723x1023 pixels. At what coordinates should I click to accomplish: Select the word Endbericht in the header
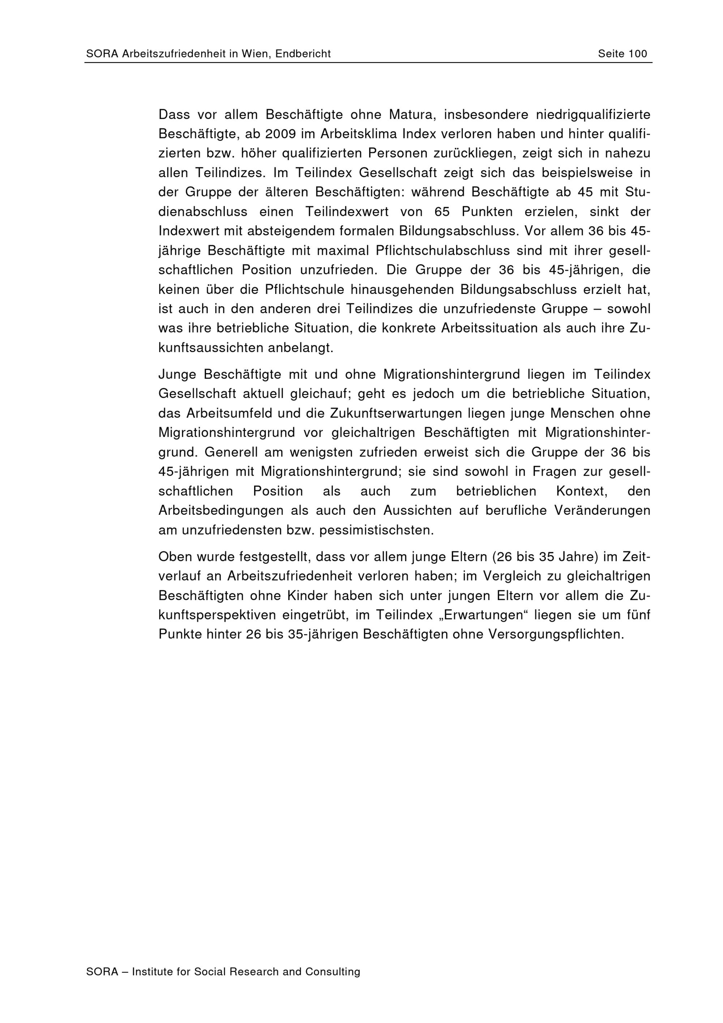coord(303,54)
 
